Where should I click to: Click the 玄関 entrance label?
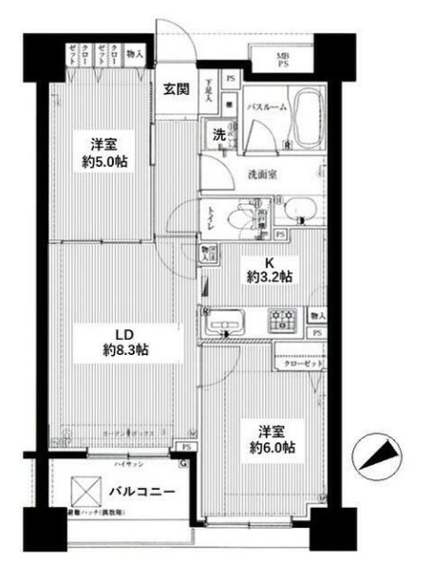point(176,91)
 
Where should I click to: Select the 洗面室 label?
point(263,174)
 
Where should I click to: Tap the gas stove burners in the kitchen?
point(282,320)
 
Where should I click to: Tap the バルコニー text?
point(141,493)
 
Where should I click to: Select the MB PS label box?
point(282,60)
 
